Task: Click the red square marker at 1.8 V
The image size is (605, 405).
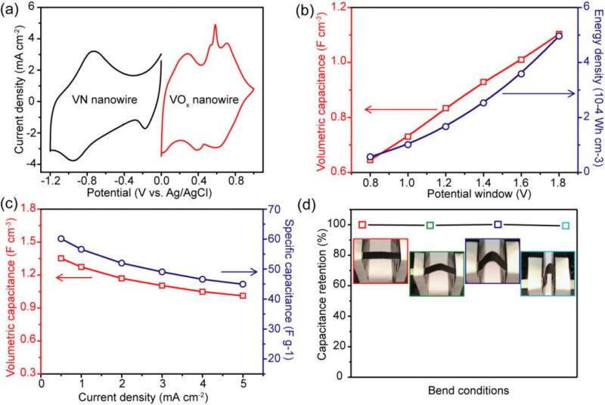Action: coord(559,34)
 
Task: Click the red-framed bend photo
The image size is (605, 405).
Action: coord(381,261)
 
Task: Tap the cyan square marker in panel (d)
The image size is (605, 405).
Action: coord(566,226)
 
